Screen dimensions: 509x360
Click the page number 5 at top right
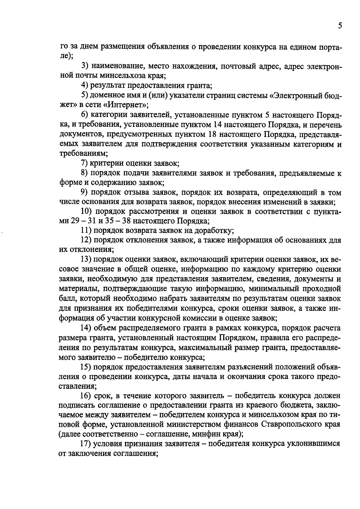pyautogui.click(x=340, y=26)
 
